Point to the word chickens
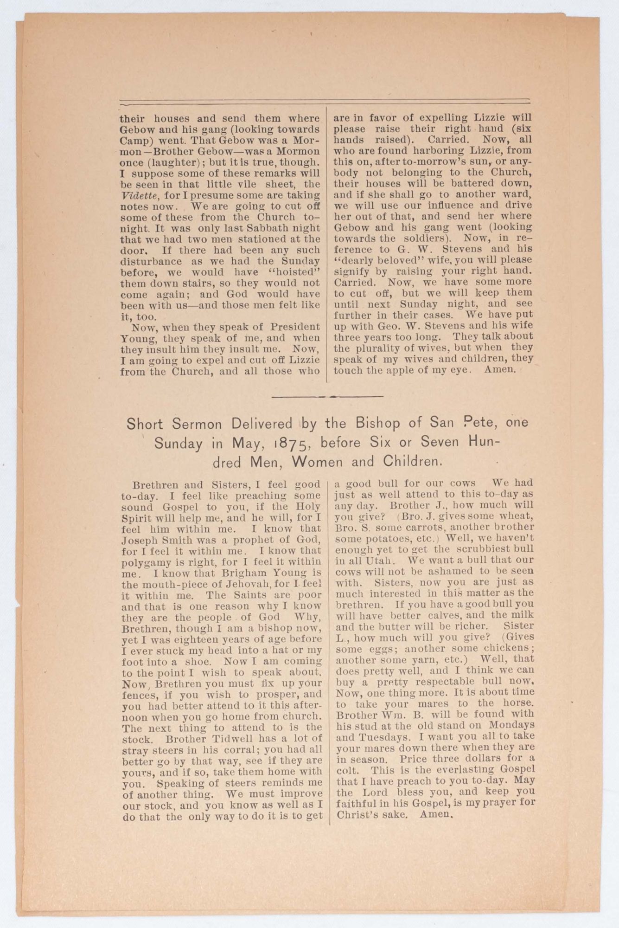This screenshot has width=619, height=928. point(504,648)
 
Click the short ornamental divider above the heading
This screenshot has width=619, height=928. point(328,397)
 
